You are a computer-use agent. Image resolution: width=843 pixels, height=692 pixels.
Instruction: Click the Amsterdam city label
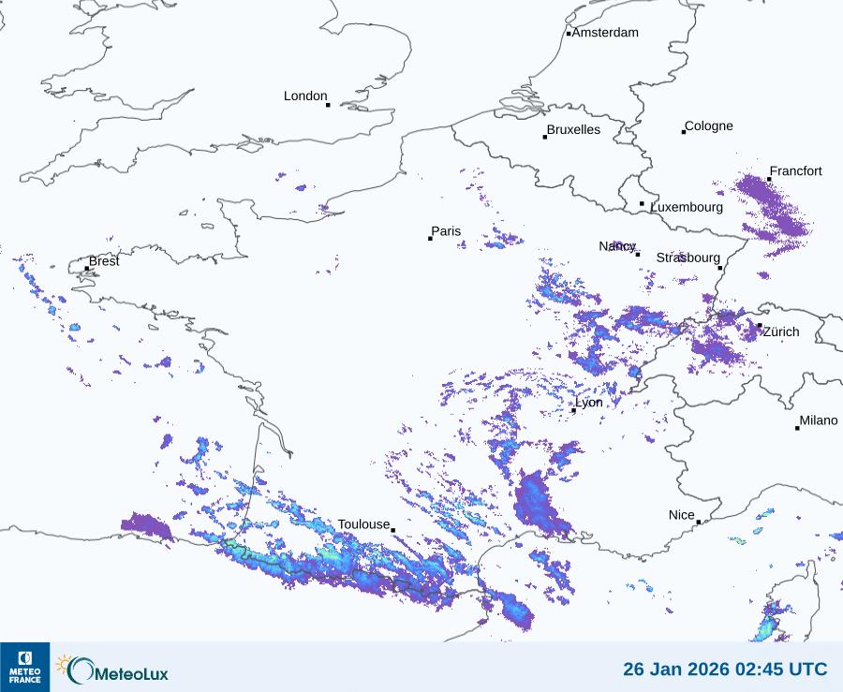[x=605, y=33]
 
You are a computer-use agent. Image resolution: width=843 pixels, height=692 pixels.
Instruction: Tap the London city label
[x=305, y=96]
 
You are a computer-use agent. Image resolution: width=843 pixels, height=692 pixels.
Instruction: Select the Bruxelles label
[x=573, y=130]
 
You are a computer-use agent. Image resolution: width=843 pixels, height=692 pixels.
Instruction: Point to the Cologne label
[x=709, y=126]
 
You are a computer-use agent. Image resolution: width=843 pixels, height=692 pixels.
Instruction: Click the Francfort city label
[x=795, y=171]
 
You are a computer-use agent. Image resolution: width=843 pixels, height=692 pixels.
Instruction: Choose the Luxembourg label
[x=687, y=207]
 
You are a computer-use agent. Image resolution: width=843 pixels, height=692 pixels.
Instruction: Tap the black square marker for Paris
[x=430, y=239]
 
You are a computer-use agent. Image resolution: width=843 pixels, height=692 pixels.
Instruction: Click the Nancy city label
[x=617, y=246]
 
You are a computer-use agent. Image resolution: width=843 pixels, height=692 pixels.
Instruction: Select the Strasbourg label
[x=688, y=258]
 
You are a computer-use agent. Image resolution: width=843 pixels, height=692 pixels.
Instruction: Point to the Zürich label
[x=781, y=331]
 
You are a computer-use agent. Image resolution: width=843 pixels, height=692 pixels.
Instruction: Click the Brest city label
[x=104, y=261]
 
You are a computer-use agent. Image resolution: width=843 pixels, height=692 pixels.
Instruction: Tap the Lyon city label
[x=589, y=403]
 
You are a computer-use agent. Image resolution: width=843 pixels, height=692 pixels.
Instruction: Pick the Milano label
[x=819, y=421]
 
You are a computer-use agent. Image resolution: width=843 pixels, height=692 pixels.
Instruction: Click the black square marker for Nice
[x=699, y=523]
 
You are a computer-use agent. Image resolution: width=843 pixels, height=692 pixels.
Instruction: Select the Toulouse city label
[x=363, y=524]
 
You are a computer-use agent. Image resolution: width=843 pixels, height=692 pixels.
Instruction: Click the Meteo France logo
[x=24, y=667]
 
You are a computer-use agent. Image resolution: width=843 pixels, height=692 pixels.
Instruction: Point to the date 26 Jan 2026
[x=669, y=670]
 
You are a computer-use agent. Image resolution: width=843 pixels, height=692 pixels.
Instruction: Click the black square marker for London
[x=328, y=105]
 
